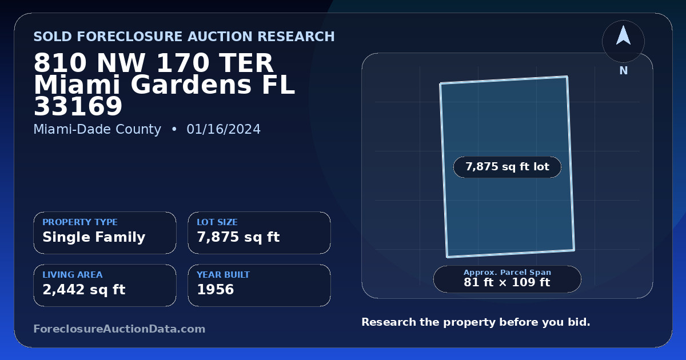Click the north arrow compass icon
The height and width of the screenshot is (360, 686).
click(623, 41)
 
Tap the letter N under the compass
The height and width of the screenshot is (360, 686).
click(624, 71)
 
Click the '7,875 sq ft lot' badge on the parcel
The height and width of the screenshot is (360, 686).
click(507, 167)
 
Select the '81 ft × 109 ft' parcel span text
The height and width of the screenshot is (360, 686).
click(507, 282)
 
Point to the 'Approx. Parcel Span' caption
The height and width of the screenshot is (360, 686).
click(507, 272)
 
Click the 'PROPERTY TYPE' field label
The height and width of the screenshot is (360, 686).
click(80, 222)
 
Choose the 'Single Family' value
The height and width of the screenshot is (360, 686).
click(94, 237)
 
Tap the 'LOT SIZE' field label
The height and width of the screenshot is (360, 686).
click(217, 222)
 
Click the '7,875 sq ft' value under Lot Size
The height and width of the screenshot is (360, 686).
click(238, 237)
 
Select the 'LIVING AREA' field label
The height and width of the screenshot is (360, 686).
click(73, 275)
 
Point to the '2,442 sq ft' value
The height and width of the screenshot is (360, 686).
click(84, 290)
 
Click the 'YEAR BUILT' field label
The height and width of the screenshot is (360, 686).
click(224, 275)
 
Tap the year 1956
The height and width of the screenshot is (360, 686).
click(216, 290)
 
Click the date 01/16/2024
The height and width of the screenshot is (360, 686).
click(224, 129)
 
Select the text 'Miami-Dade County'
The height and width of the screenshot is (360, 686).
click(97, 129)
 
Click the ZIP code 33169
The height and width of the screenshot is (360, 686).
click(78, 106)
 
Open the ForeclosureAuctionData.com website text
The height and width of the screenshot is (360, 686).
click(119, 329)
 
